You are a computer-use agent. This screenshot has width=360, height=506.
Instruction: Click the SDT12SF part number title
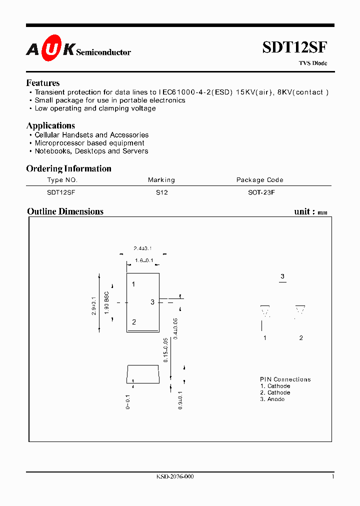[x=294, y=47]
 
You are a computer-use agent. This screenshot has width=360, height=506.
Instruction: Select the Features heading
[x=43, y=83]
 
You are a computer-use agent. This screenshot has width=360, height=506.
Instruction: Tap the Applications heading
[x=50, y=125]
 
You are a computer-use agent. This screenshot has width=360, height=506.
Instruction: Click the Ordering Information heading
[x=68, y=168]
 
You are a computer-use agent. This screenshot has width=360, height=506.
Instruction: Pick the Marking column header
[x=161, y=180]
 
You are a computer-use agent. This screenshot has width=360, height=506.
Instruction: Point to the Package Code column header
[x=259, y=180]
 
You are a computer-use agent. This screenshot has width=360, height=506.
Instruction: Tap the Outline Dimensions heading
[x=65, y=211]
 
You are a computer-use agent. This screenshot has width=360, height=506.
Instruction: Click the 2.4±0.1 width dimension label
[x=142, y=248]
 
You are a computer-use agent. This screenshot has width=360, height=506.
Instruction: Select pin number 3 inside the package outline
[x=152, y=302]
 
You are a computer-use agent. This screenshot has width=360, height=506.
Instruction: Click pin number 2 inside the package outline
[x=134, y=322]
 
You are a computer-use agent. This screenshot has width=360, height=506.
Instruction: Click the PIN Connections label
[x=285, y=379]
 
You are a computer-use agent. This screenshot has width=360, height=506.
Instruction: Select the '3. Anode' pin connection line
[x=272, y=399]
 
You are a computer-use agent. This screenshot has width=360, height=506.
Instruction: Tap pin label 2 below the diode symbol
[x=301, y=338]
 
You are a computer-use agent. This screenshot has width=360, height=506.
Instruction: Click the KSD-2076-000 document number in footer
[x=175, y=476]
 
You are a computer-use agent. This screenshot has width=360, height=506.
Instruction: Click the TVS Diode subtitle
[x=313, y=63]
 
